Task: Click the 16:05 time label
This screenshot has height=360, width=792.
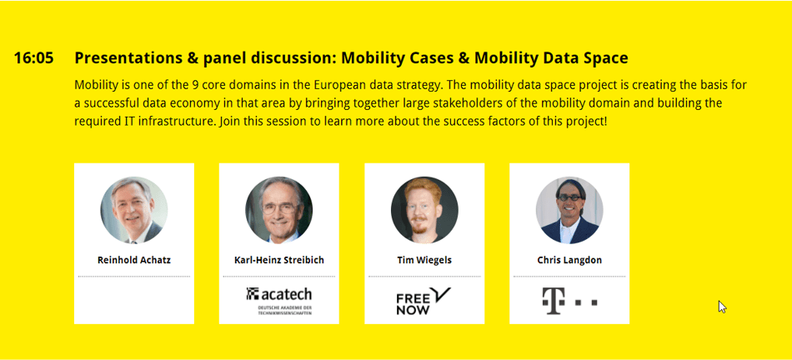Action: [33, 58]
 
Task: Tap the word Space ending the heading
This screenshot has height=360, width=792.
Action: [605, 58]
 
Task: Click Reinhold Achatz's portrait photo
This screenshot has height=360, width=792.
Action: [134, 210]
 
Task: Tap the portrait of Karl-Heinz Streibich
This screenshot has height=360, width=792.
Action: [278, 210]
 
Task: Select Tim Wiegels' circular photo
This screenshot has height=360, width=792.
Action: [424, 210]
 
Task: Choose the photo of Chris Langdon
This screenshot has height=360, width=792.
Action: [569, 210]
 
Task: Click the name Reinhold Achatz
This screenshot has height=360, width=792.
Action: [134, 260]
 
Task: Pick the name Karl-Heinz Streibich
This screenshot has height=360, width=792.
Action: [278, 260]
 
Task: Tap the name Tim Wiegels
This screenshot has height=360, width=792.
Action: [424, 260]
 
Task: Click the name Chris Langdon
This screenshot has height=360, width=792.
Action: [569, 260]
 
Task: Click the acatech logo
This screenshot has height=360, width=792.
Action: [278, 301]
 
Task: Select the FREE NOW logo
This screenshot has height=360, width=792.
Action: [424, 301]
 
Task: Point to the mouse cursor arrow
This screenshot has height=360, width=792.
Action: [722, 307]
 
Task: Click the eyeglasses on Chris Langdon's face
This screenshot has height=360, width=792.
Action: [569, 197]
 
